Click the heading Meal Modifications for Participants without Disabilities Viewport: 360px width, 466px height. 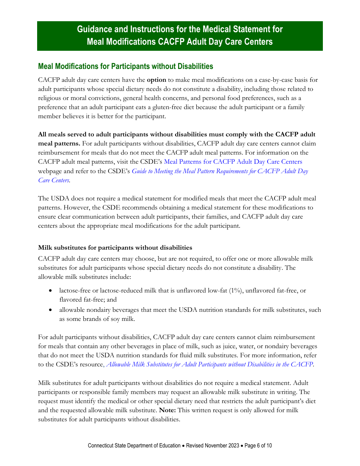[125, 66]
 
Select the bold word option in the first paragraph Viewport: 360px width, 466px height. [156, 80]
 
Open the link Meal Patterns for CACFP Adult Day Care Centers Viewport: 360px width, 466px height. [233, 162]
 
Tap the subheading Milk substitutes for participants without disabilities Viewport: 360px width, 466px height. [115, 247]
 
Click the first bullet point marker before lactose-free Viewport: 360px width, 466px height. [51, 291]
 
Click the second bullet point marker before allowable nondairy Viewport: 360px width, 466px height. [51, 310]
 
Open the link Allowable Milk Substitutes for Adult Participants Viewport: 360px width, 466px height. [210, 364]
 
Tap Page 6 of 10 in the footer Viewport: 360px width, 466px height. [258, 446]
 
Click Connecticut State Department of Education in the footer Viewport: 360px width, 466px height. [134, 446]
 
